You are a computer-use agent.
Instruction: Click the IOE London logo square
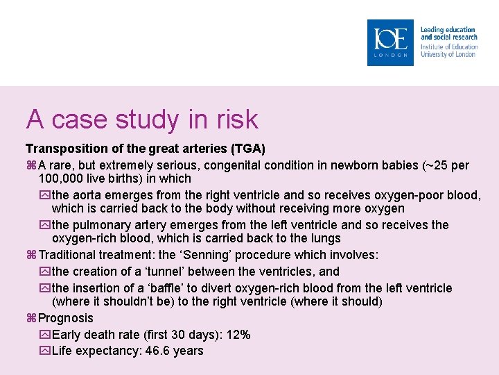point(390,42)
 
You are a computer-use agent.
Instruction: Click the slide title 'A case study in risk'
point(142,119)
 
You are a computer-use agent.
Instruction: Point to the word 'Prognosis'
point(66,318)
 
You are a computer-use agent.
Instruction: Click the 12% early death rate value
point(239,335)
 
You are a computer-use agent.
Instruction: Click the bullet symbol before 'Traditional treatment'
point(31,256)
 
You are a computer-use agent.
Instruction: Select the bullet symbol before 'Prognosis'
point(31,318)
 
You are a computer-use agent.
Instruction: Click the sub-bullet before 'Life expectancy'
point(46,351)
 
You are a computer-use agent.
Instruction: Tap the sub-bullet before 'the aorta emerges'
point(46,195)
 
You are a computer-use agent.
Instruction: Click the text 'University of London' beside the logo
point(448,54)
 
